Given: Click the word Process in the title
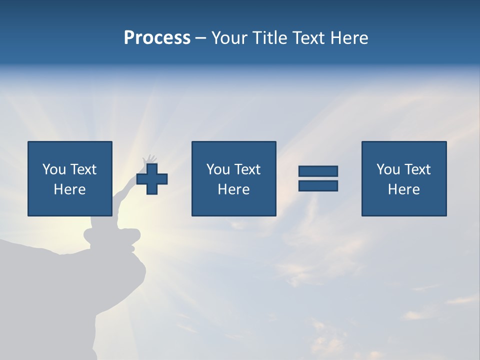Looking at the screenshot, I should point(157,37).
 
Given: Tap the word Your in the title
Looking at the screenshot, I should point(228,37).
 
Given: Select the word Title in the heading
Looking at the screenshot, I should point(269,37).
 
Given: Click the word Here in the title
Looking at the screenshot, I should point(350,37).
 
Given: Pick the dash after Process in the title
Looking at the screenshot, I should point(200,38).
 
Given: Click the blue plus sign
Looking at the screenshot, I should point(152,179).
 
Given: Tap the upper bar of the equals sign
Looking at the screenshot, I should point(318,171).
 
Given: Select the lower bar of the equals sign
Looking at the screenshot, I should point(318,186).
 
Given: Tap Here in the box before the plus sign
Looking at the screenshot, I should point(69,189).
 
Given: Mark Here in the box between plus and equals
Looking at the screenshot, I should point(233,189).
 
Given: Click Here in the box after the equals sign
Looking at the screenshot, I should point(403,189).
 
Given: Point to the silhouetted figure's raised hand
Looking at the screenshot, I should point(148,159).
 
